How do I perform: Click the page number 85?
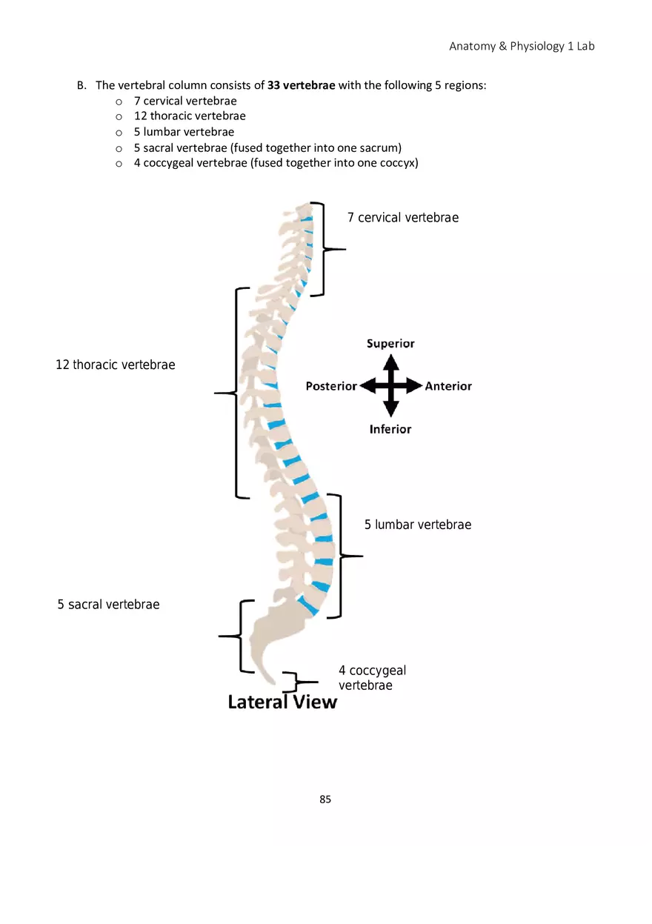[325, 800]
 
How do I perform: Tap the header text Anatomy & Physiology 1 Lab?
[522, 46]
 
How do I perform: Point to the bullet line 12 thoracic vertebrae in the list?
[190, 116]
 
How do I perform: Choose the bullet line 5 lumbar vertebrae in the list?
[184, 132]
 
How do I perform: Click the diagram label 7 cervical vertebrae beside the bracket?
[403, 218]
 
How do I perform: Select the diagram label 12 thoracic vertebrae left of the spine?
[116, 365]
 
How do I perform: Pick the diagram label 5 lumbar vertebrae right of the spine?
[418, 525]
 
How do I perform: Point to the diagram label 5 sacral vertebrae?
[109, 605]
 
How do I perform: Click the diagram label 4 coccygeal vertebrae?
[372, 678]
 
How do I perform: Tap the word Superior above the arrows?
[390, 344]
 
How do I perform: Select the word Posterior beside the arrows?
[331, 386]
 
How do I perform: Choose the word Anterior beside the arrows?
[448, 386]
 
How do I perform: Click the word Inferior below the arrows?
[390, 429]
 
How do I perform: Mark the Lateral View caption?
[282, 702]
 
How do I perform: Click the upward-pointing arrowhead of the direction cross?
[391, 362]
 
